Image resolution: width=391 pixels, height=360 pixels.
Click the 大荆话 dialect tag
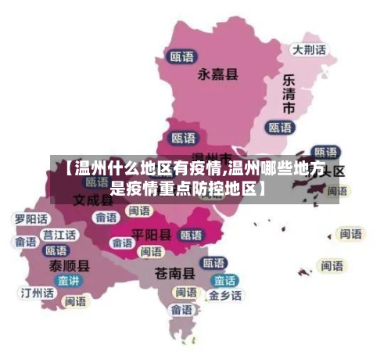(309, 49)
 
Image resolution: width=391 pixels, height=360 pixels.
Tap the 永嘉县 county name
(218, 74)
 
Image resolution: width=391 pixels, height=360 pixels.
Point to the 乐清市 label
(289, 95)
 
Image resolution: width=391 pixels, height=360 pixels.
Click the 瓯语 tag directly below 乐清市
(280, 127)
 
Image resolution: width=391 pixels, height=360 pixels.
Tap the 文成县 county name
(93, 199)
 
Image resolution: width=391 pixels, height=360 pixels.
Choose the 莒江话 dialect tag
(59, 234)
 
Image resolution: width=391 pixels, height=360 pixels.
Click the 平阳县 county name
(152, 233)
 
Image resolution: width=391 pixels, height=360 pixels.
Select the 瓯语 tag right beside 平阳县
(192, 234)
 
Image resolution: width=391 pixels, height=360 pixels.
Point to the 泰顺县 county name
(69, 265)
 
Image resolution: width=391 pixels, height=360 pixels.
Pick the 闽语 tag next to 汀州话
(76, 301)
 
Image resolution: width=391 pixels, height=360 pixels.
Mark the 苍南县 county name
(174, 273)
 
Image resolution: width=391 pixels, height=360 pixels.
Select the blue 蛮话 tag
(225, 280)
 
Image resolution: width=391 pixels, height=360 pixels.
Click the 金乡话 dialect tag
(225, 296)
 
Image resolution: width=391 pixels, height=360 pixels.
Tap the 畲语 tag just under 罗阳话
(26, 242)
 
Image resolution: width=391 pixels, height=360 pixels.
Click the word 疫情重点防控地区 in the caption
(186, 189)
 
